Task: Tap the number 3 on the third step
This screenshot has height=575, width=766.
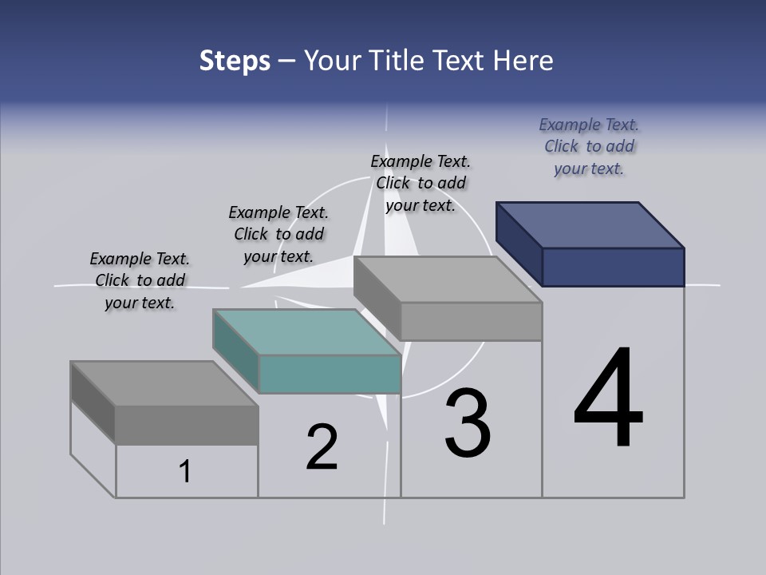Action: click(x=468, y=423)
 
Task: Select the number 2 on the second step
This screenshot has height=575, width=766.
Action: click(x=322, y=446)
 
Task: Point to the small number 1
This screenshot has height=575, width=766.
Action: click(x=185, y=471)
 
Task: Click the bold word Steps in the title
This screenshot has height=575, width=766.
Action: click(x=235, y=61)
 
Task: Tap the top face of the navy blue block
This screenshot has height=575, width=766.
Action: click(x=590, y=224)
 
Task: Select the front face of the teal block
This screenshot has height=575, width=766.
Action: click(x=330, y=374)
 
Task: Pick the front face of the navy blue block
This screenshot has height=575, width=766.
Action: click(x=613, y=267)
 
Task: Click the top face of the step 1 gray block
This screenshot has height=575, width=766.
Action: click(x=164, y=383)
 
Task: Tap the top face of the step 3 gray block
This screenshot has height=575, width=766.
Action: click(x=447, y=280)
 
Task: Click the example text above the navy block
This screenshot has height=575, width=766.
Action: click(x=589, y=146)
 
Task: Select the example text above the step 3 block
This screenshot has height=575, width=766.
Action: click(x=421, y=183)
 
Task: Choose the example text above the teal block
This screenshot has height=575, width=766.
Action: click(x=278, y=234)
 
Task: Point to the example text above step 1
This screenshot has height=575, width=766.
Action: click(x=140, y=280)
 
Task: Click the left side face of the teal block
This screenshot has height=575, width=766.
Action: click(x=236, y=351)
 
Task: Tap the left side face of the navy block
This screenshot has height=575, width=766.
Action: click(x=519, y=244)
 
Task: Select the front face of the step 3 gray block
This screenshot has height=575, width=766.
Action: click(x=471, y=322)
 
